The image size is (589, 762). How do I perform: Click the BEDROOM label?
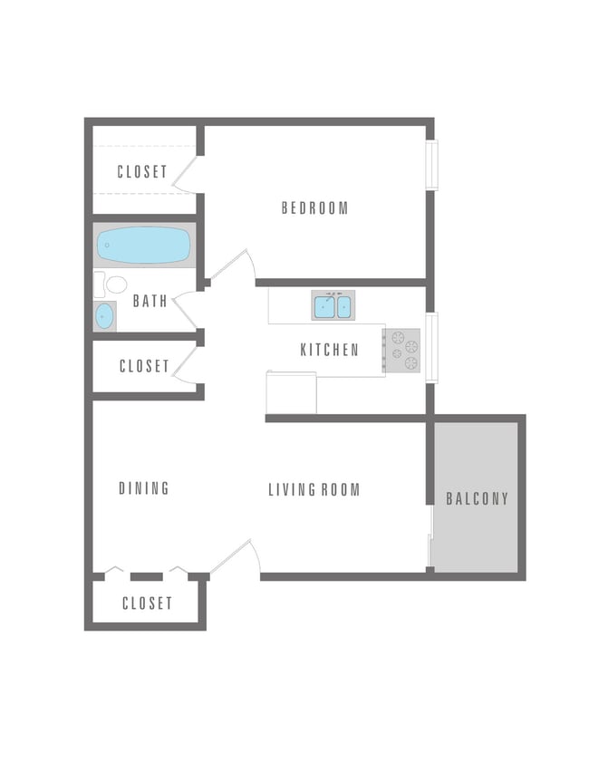[314, 208]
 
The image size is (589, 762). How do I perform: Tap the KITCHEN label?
[329, 350]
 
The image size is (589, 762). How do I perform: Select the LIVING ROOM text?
[314, 490]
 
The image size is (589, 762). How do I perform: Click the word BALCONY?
[478, 498]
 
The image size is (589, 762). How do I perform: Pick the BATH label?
[150, 301]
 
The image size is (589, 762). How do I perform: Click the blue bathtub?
[144, 245]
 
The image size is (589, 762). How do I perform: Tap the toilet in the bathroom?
[112, 285]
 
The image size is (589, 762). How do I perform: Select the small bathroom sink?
[105, 316]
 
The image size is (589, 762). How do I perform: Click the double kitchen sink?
[333, 306]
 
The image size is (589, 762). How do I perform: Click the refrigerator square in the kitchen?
[291, 392]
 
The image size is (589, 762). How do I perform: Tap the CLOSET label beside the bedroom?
[142, 171]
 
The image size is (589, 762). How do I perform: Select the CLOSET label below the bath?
[144, 366]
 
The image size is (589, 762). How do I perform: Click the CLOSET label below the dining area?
[147, 603]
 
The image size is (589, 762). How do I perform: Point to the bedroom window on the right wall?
[431, 165]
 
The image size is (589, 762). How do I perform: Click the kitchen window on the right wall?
[431, 348]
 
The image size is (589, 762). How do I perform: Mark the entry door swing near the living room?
[237, 557]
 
